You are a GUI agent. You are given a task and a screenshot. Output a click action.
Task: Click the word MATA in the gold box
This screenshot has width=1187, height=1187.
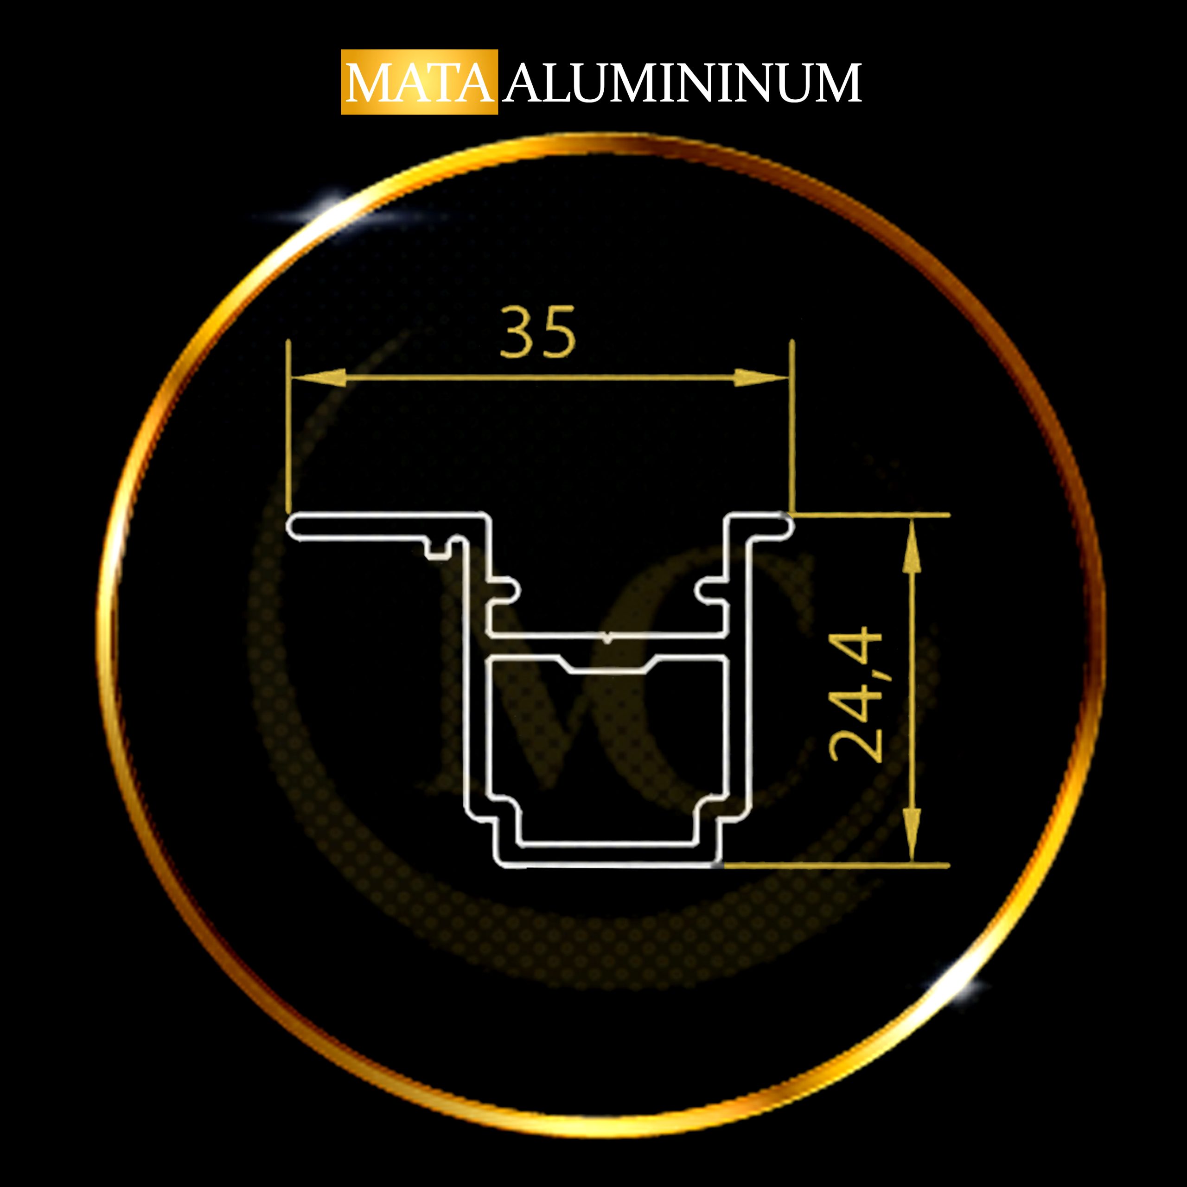coord(420,83)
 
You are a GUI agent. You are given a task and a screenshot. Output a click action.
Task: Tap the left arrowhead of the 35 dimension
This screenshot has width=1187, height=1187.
coord(318,378)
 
